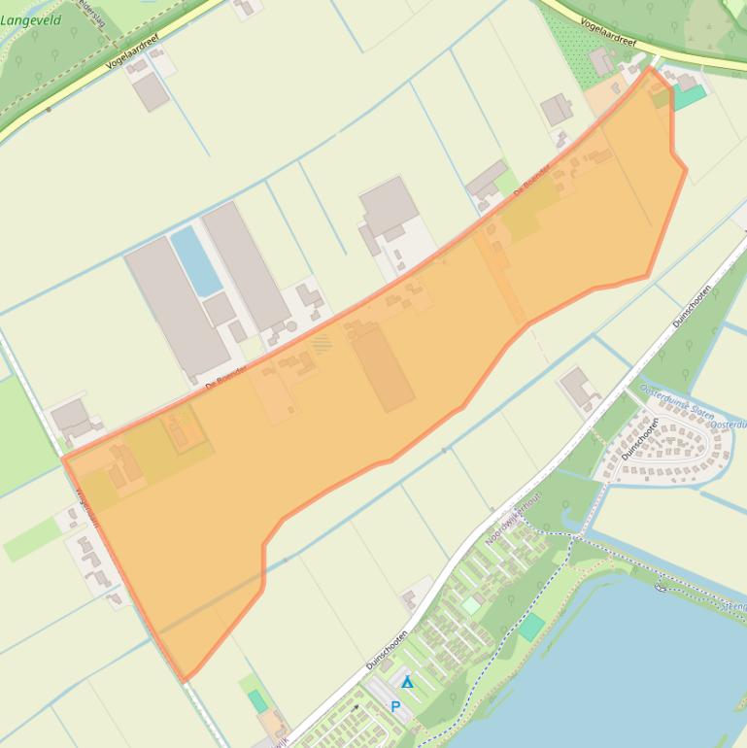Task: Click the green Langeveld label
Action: pyautogui.click(x=31, y=19)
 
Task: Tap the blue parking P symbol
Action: pyautogui.click(x=395, y=706)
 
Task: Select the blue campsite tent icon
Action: pyautogui.click(x=408, y=683)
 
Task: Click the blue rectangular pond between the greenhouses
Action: pyautogui.click(x=196, y=260)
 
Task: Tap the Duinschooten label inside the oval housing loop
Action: pyautogui.click(x=640, y=438)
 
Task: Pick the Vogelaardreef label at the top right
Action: pyautogui.click(x=607, y=31)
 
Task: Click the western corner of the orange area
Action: pyautogui.click(x=64, y=458)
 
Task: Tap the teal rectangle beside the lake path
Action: pyautogui.click(x=531, y=627)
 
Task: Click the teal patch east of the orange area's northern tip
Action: pyautogui.click(x=690, y=97)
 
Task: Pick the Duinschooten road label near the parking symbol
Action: pyautogui.click(x=387, y=650)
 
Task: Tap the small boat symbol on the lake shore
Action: pyautogui.click(x=662, y=585)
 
